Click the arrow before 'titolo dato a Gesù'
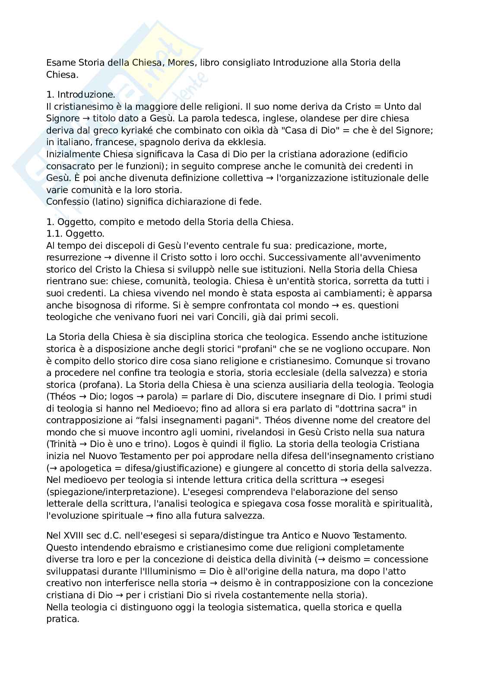coord(86,118)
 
